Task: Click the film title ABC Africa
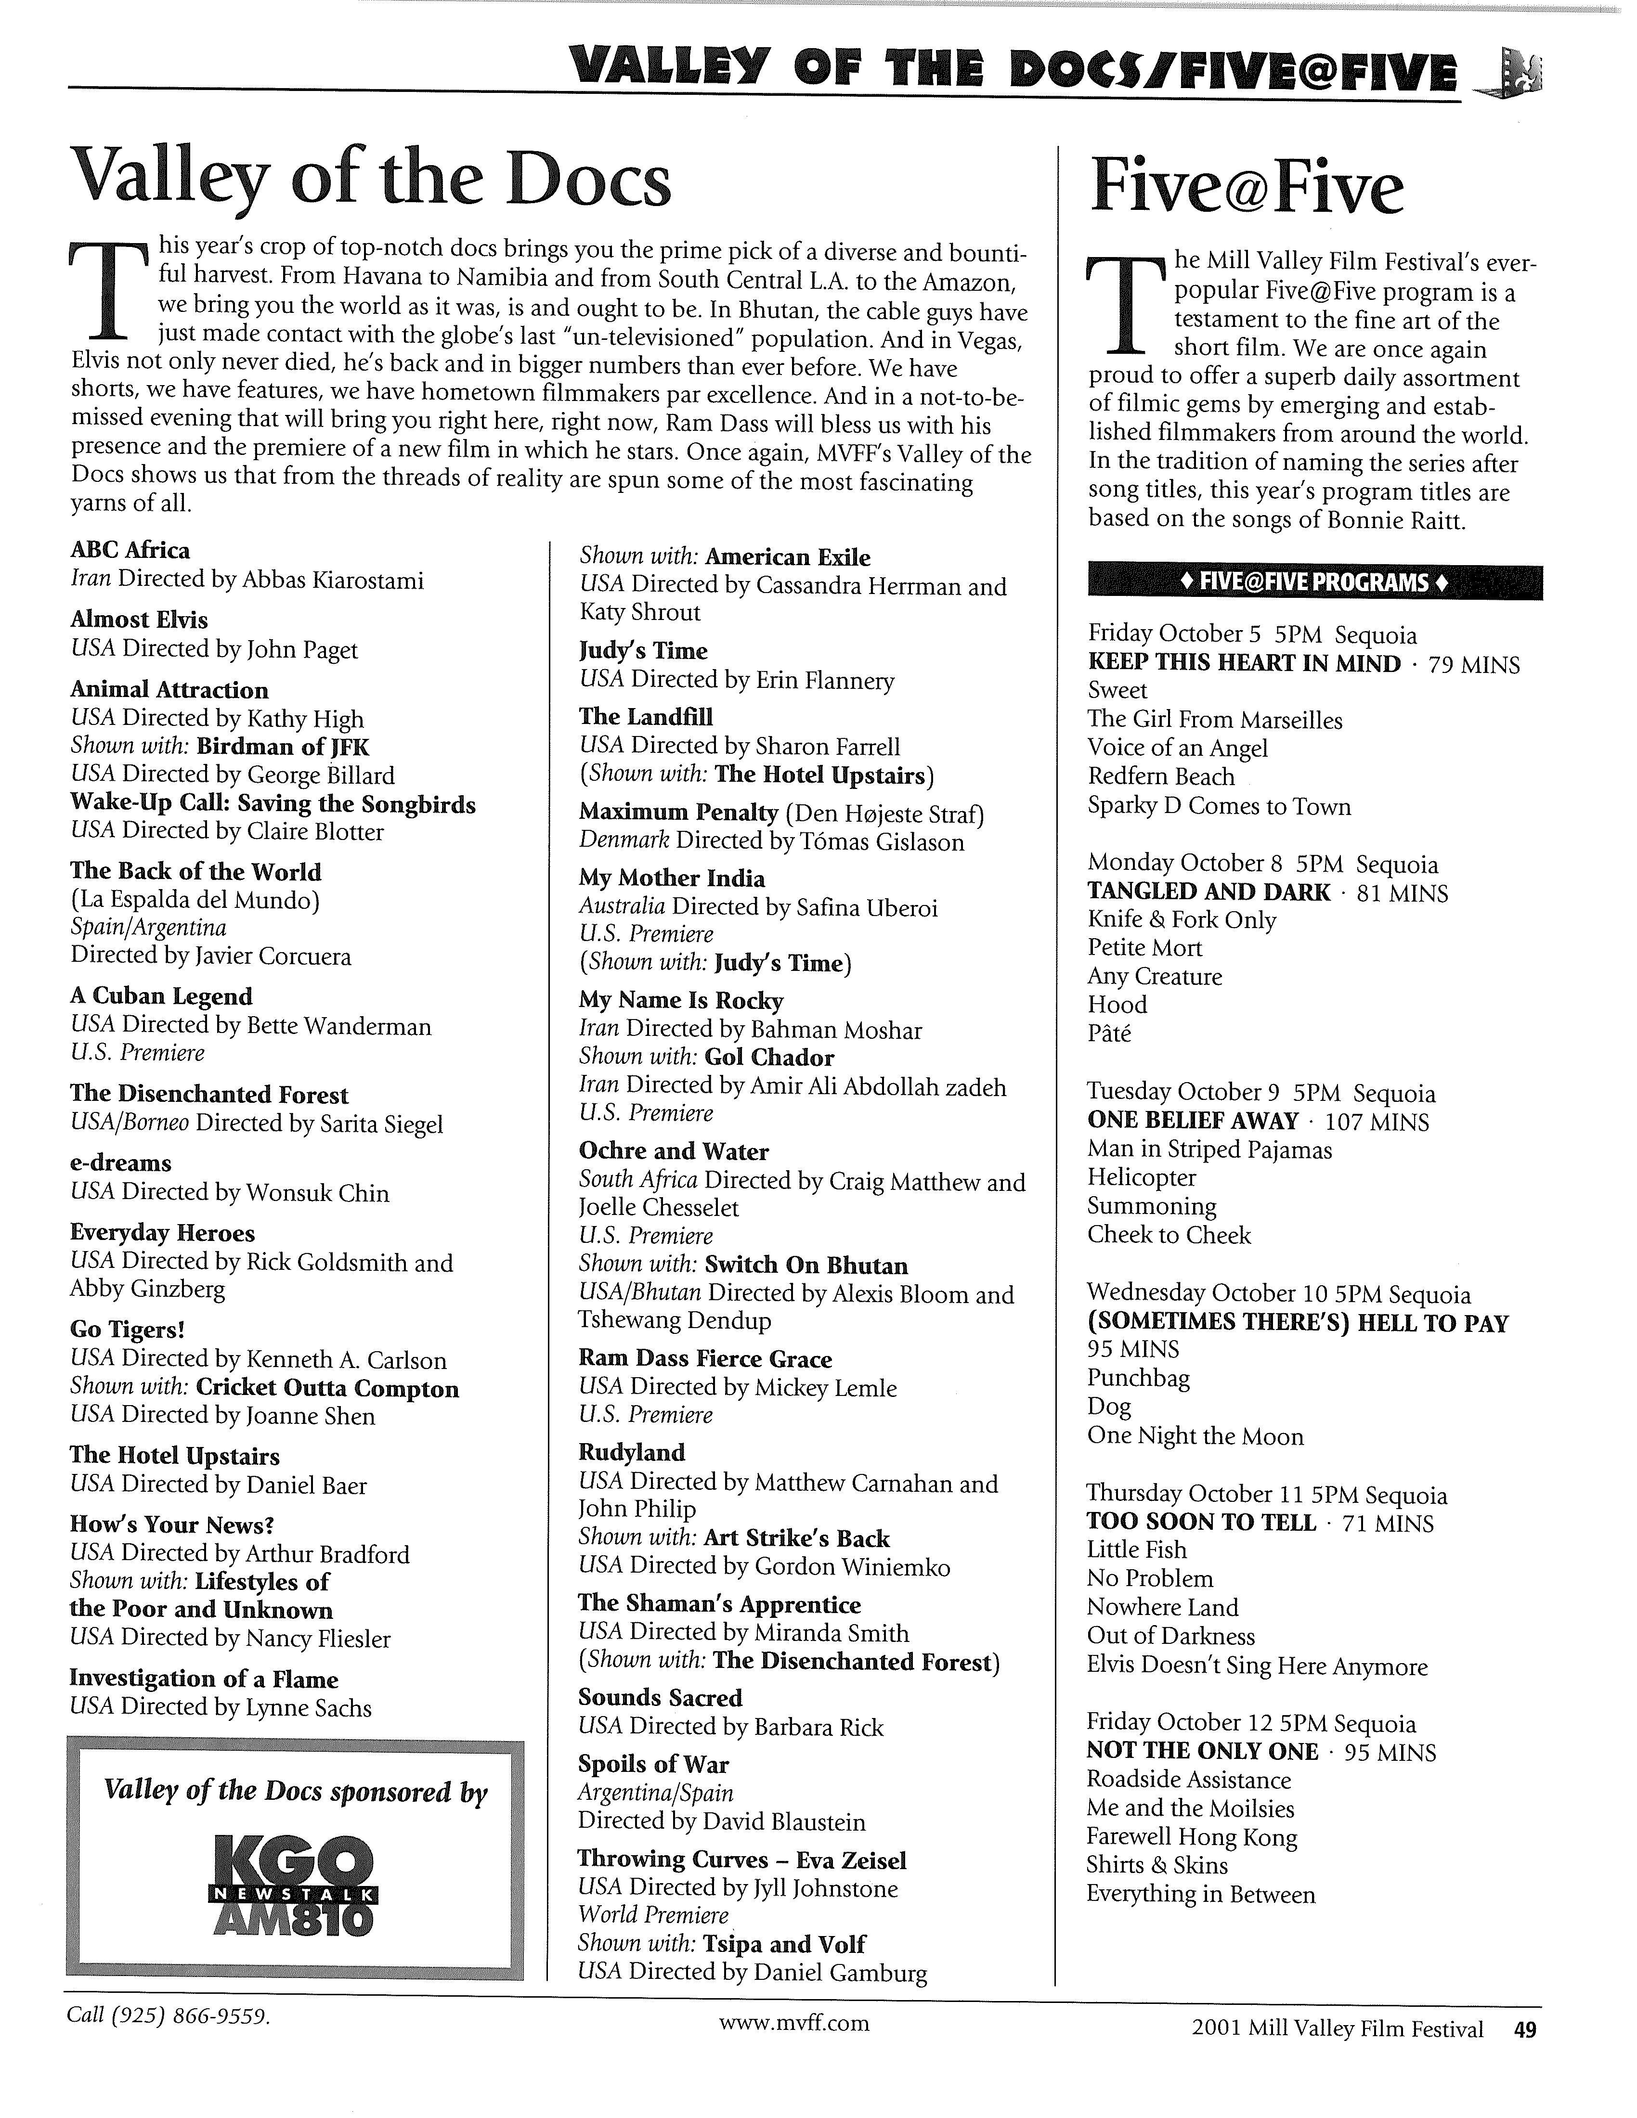pos(130,550)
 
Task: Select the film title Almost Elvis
pos(139,619)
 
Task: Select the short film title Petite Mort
pos(1144,947)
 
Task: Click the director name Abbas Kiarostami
pos(336,580)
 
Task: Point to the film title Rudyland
pos(631,1452)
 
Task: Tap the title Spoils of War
pos(653,1764)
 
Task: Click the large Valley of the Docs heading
pos(371,181)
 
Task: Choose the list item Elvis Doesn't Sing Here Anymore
pos(1257,1666)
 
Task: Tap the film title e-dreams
pos(120,1163)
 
